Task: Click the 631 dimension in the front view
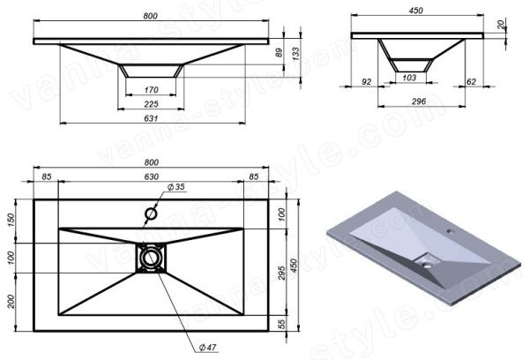click(151, 118)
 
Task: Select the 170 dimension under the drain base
click(151, 90)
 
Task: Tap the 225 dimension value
click(151, 104)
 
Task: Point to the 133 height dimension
click(295, 54)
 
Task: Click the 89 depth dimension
click(279, 52)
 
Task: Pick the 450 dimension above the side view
click(415, 11)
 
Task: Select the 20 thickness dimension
click(501, 24)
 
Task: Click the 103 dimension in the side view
click(409, 78)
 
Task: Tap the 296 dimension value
click(419, 101)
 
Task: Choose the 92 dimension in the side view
click(367, 82)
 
